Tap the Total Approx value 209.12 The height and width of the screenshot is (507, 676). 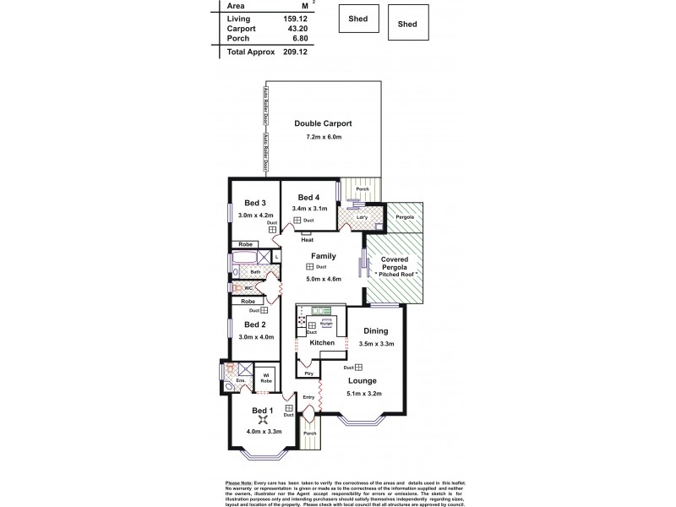pos(288,52)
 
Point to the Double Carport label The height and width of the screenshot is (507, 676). pos(324,124)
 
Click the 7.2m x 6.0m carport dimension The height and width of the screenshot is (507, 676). pos(324,137)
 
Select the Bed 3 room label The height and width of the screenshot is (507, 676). pos(255,203)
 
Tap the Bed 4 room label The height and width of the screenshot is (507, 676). pos(308,197)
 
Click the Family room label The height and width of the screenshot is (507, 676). pos(324,255)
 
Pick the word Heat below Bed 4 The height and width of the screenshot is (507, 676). pos(307,238)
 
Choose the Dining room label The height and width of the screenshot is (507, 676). pos(375,331)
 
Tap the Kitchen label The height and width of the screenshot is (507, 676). pos(322,343)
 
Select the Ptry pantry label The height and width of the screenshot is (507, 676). pos(308,373)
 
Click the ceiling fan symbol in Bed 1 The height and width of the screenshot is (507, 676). pos(263,420)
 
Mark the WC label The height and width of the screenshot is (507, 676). pos(248,288)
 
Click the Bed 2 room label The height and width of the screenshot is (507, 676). pos(255,324)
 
